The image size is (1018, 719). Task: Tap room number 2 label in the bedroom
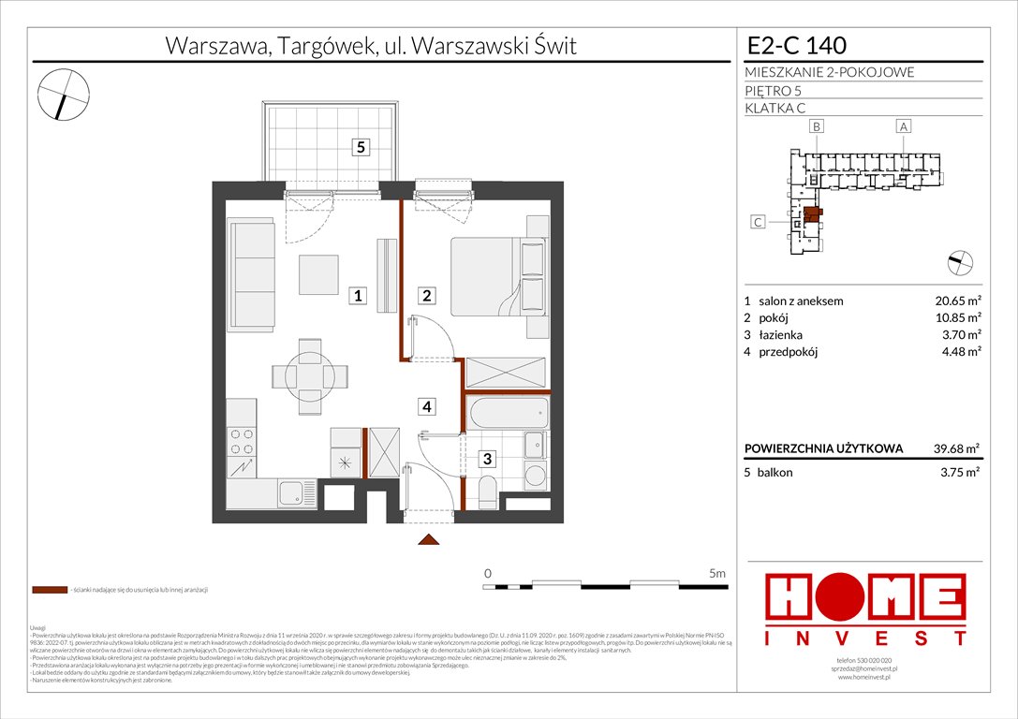[x=425, y=296]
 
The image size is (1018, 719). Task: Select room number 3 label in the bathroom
[x=487, y=459]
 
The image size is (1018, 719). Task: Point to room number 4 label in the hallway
[x=426, y=406]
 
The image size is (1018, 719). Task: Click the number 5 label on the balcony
[x=361, y=146]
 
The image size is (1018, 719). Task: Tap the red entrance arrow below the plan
[x=428, y=539]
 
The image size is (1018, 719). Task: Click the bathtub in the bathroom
[x=508, y=412]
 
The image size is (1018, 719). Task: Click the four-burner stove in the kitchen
[x=241, y=441]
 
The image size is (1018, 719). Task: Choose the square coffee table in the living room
[x=318, y=273]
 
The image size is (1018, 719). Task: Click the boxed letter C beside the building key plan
[x=760, y=222]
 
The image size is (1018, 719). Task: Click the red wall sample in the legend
[x=49, y=590]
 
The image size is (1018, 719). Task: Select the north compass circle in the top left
[x=63, y=95]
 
